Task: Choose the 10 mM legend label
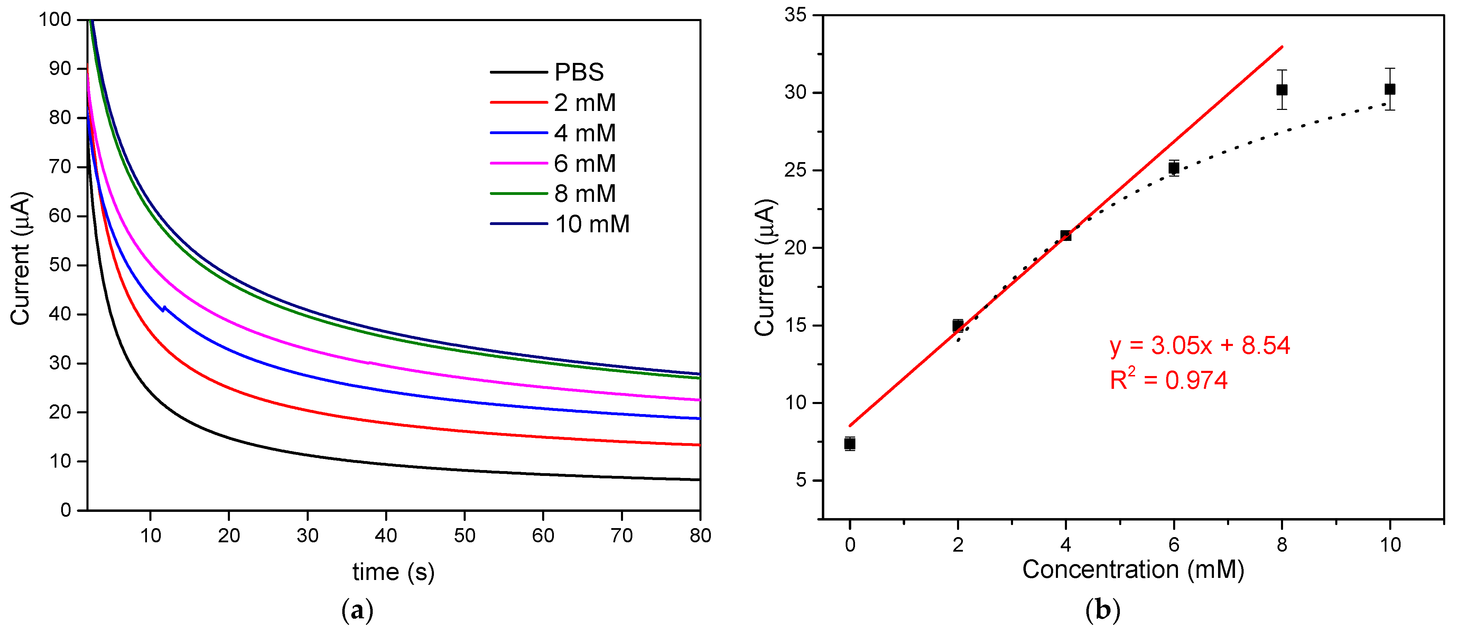[x=592, y=224]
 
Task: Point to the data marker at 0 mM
[x=849, y=443]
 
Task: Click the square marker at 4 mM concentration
[x=1065, y=235]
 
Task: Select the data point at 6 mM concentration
[x=1173, y=168]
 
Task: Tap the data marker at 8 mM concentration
[x=1282, y=90]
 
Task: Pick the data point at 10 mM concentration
[x=1390, y=90]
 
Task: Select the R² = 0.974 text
[x=1168, y=379]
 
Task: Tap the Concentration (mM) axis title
[x=1133, y=569]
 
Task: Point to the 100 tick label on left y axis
[x=55, y=20]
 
